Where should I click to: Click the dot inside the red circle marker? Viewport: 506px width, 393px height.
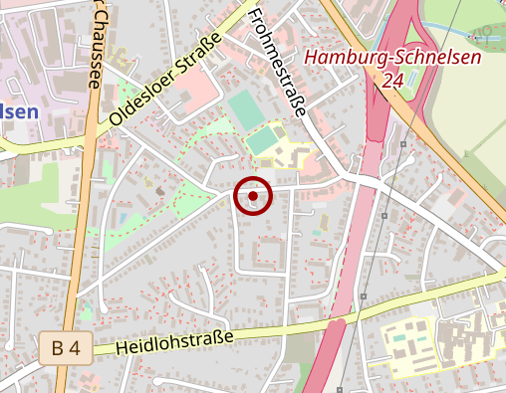[x=253, y=196]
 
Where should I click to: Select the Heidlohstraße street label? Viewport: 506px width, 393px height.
[x=174, y=344]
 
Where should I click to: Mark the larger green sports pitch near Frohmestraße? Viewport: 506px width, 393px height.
[x=244, y=107]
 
